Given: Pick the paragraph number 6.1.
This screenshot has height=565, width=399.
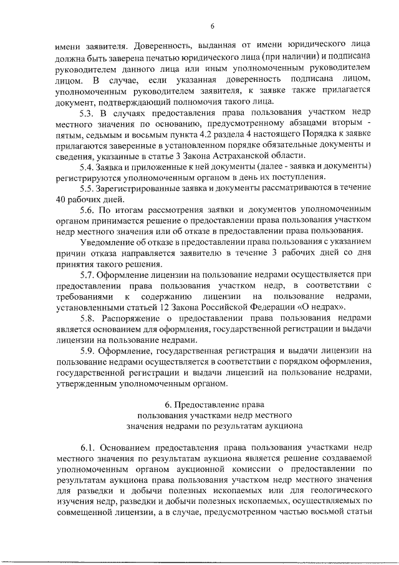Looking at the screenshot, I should pos(91,447).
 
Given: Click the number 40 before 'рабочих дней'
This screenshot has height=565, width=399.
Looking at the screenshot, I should pos(60,199).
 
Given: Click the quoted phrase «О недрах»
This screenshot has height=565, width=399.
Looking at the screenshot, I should pos(320,307).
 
